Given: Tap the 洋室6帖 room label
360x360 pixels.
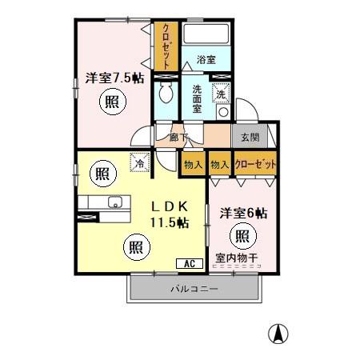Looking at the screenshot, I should click(243, 214).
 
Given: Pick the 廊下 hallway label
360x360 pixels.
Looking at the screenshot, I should click(178, 137).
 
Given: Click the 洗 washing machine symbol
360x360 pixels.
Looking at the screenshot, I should click(221, 94).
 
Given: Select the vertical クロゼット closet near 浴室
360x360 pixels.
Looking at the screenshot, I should click(166, 45).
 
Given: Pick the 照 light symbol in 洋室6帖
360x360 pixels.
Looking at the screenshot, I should click(242, 236).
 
